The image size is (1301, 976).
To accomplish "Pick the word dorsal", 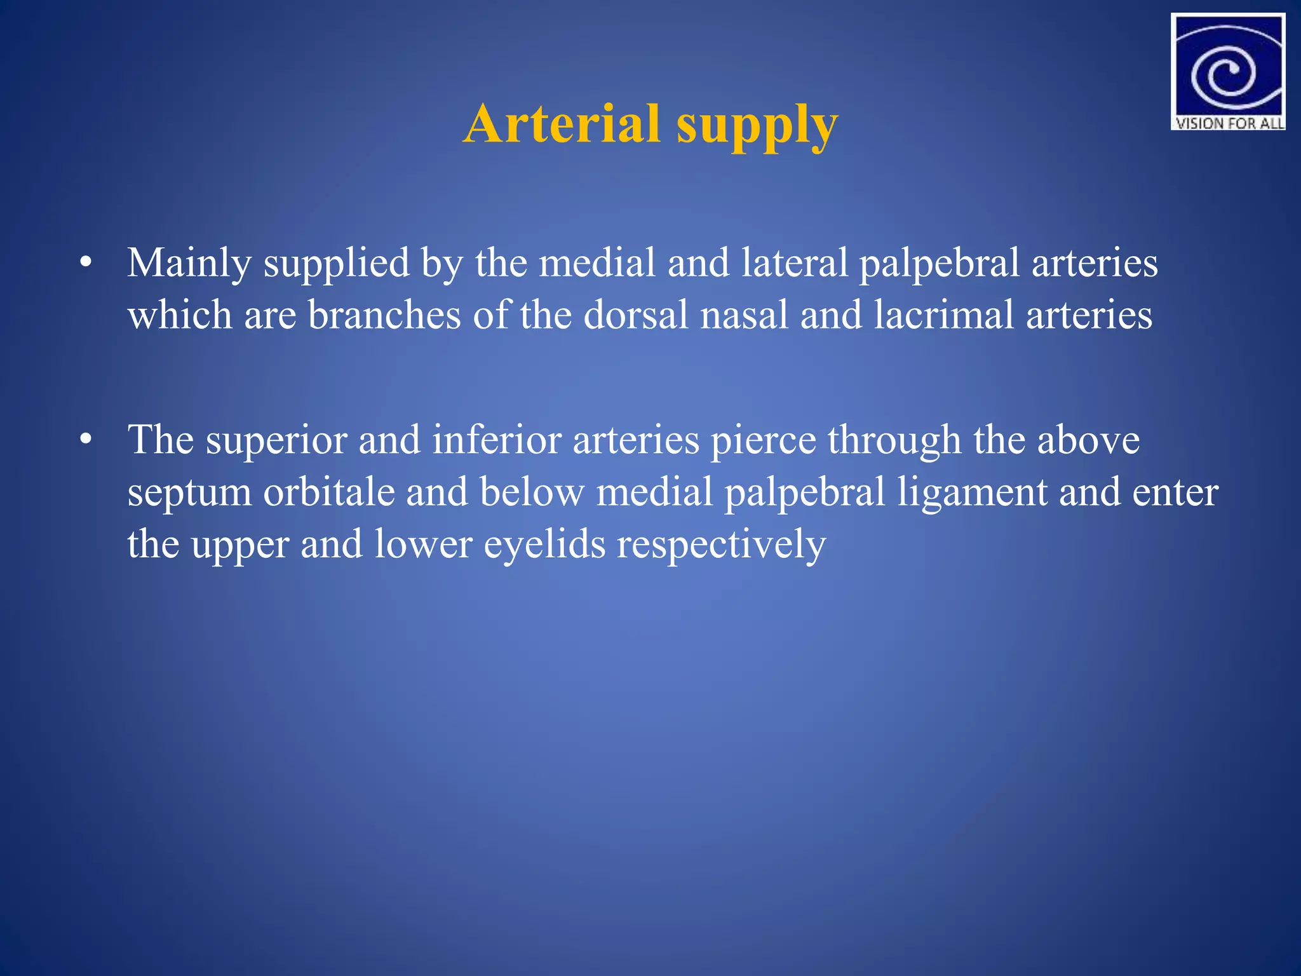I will [635, 315].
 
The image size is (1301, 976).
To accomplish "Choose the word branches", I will [384, 315].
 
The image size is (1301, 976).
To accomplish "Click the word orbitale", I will [328, 492].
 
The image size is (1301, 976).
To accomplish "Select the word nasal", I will [744, 315].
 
